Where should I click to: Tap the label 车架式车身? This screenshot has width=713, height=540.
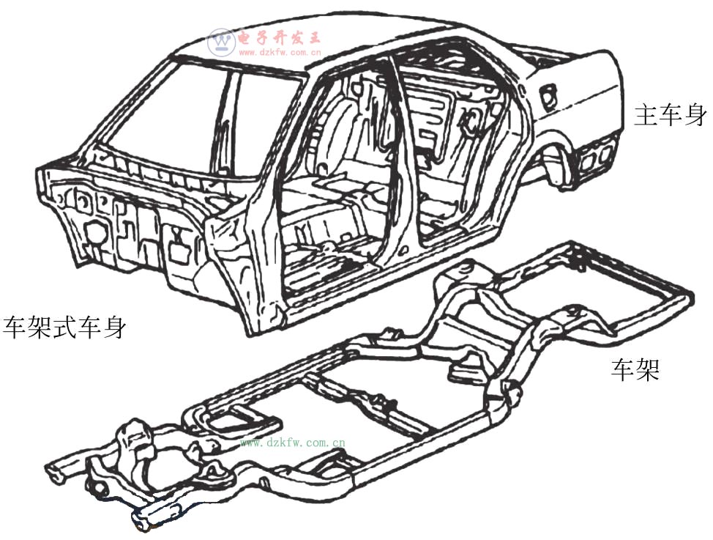pos(64,327)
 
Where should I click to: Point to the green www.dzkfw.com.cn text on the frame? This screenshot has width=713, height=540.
pos(292,442)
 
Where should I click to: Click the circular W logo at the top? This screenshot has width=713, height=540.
pos(222,42)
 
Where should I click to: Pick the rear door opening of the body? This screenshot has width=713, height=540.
pos(459,150)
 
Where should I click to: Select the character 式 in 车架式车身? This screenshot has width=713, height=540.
pos(64,327)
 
